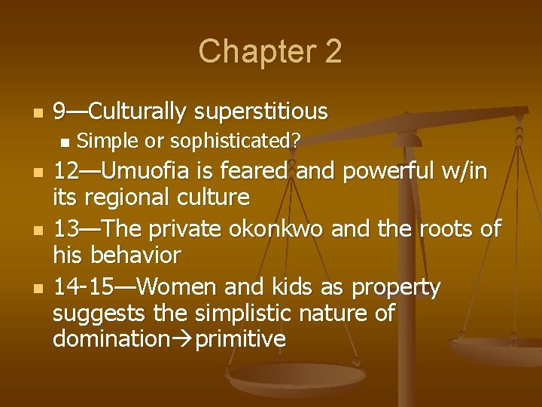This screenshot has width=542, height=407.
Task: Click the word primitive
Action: coord(241,338)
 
